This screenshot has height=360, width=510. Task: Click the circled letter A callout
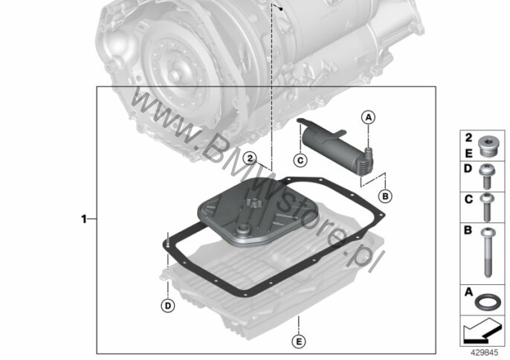click(368, 118)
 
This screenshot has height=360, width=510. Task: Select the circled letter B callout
click(385, 196)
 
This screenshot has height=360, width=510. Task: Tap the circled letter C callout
click(300, 160)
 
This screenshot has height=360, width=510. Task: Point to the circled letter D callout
click(168, 306)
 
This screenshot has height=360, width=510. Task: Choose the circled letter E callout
click(299, 341)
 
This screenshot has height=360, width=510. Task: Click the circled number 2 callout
click(250, 158)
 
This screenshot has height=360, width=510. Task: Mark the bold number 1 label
click(84, 219)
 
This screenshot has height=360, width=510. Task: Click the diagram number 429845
click(484, 353)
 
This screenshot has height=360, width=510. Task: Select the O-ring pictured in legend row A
click(485, 302)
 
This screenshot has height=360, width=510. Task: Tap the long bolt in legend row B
click(487, 252)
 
